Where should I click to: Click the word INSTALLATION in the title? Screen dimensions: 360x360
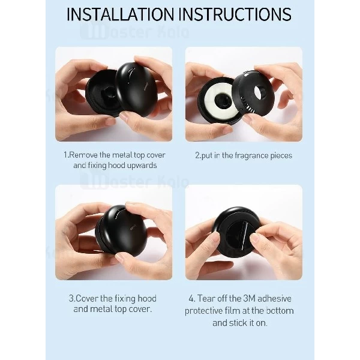point(121,14)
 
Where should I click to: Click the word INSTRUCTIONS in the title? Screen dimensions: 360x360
point(235,14)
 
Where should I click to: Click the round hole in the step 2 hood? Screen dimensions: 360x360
point(260,91)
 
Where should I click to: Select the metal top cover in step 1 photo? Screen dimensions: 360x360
point(136,89)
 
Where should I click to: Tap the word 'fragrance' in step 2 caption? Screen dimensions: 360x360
point(248,155)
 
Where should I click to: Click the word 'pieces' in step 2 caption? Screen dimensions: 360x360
point(281,155)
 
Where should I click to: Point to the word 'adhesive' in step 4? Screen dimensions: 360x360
point(274,298)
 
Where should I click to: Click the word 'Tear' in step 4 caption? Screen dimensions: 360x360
point(206,298)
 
